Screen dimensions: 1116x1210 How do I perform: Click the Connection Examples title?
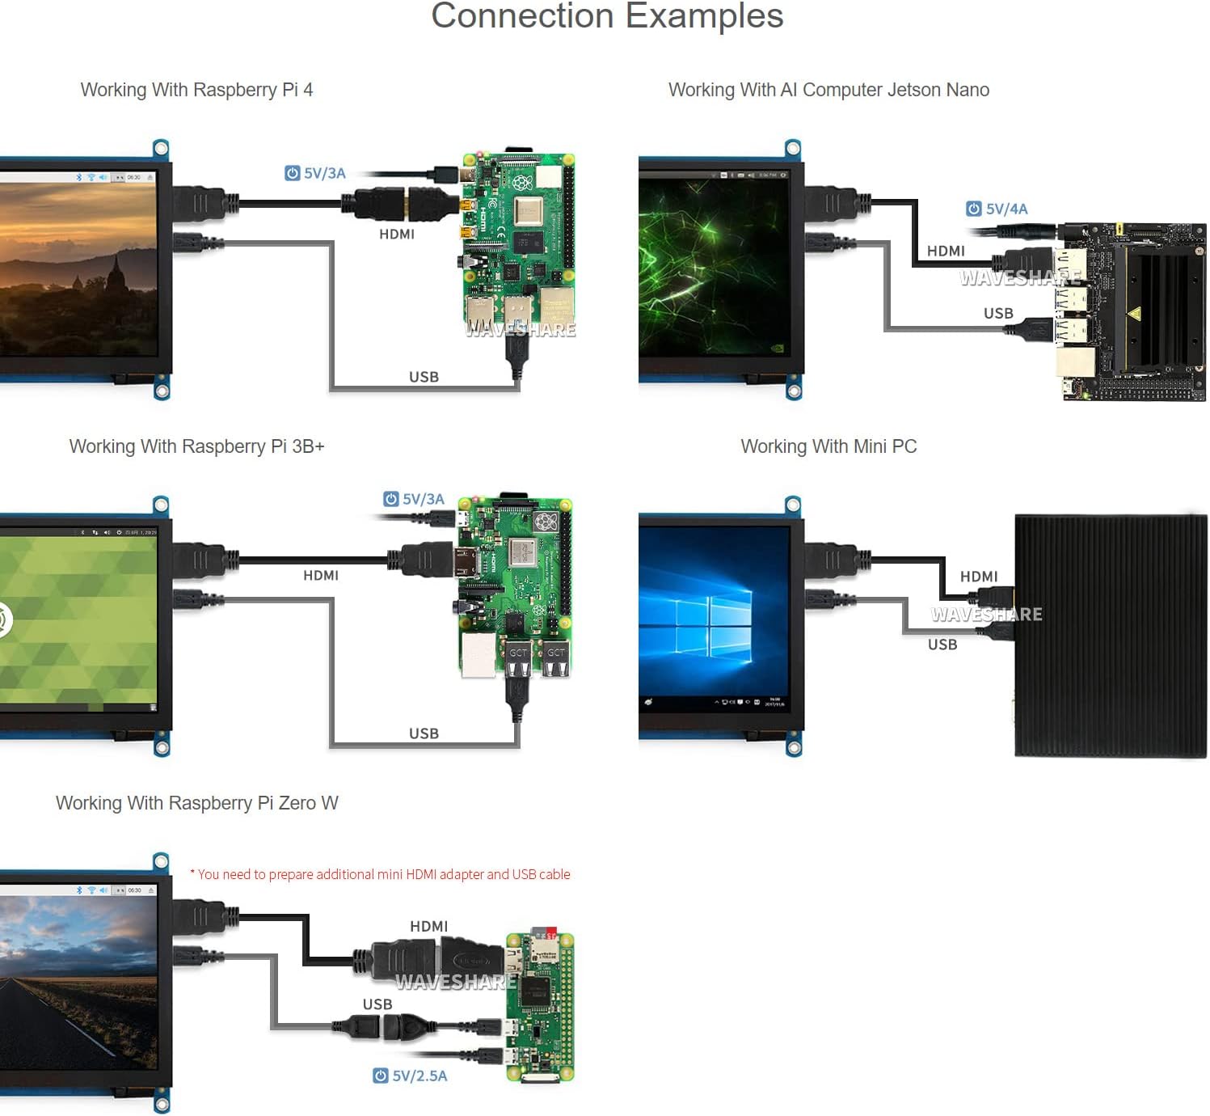tap(607, 16)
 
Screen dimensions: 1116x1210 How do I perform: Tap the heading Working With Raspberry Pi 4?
tap(196, 90)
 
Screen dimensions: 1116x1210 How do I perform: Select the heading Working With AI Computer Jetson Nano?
tap(828, 90)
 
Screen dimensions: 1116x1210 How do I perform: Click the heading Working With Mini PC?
tap(828, 446)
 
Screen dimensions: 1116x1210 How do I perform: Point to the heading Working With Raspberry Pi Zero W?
tap(196, 803)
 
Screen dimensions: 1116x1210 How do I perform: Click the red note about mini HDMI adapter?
tap(380, 874)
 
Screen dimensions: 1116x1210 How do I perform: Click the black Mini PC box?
tap(1110, 636)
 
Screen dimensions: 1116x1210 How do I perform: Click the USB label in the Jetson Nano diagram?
tap(998, 313)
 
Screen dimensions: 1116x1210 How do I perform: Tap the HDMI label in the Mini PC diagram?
tap(979, 577)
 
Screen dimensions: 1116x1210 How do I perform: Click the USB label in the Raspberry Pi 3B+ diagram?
tap(424, 733)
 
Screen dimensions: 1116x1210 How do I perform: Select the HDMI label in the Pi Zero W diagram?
tap(428, 926)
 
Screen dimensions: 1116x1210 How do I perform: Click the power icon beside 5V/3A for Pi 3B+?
tap(391, 499)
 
